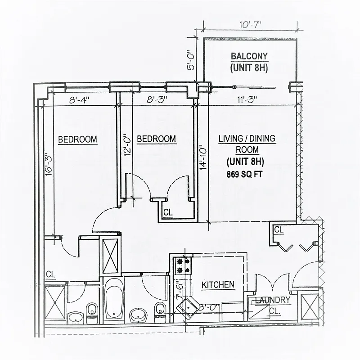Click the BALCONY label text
(x=249, y=57)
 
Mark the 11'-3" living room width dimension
(x=247, y=100)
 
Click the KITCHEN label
(x=218, y=284)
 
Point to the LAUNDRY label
(x=273, y=300)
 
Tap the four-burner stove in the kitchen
(x=183, y=265)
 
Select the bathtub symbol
(x=113, y=299)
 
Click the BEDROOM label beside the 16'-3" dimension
(x=78, y=139)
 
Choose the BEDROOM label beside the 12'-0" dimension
(x=156, y=139)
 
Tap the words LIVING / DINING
(x=247, y=139)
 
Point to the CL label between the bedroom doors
(x=167, y=212)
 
